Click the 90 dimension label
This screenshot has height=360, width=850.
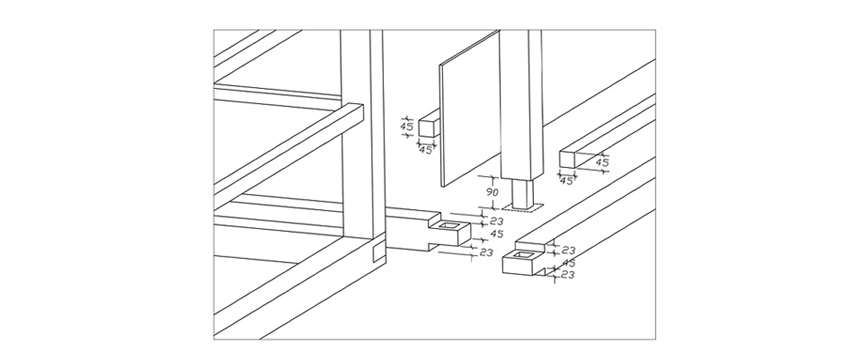493,192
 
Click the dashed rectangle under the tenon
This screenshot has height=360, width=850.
522,207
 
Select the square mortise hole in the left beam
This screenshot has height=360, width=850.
450,225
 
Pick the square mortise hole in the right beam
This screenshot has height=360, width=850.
524,254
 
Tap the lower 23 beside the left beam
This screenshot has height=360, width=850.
486,252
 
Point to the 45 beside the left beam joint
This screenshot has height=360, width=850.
497,234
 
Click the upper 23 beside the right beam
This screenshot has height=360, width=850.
568,250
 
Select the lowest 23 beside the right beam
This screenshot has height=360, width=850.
568,275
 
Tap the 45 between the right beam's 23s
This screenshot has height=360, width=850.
569,263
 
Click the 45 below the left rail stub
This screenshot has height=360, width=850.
426,150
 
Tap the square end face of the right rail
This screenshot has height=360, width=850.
568,159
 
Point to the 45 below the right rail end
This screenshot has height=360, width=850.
566,181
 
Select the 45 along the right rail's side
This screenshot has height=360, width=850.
602,162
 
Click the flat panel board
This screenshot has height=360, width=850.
469,108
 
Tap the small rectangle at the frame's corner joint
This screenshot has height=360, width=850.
378,253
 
